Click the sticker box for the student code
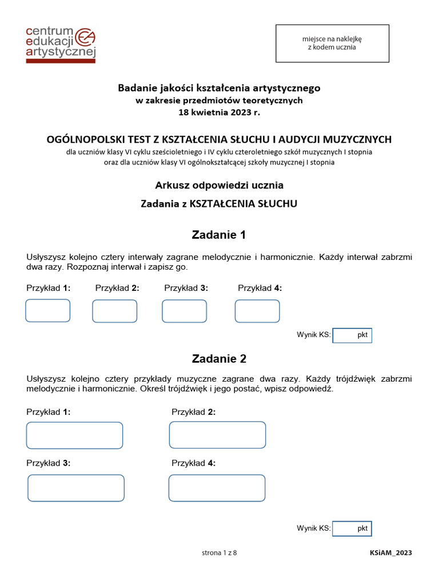tap(332, 43)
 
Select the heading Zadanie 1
tap(219, 235)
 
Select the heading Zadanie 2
tap(219, 359)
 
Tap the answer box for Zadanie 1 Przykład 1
tap(47, 311)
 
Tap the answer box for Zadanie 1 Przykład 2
tap(114, 311)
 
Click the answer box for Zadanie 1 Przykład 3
tap(184, 311)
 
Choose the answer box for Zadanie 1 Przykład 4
tap(257, 311)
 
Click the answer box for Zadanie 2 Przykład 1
tap(74, 435)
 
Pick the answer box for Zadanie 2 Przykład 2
tap(217, 435)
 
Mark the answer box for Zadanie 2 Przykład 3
tap(76, 488)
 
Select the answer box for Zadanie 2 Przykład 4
tap(217, 488)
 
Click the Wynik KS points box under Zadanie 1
tap(352, 335)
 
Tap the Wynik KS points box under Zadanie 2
tap(352, 528)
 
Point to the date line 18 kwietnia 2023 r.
tap(219, 113)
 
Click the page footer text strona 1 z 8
tap(219, 552)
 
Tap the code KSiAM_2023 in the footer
tap(391, 553)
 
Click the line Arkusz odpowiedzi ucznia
tap(219, 185)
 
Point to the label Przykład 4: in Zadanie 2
tap(193, 463)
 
